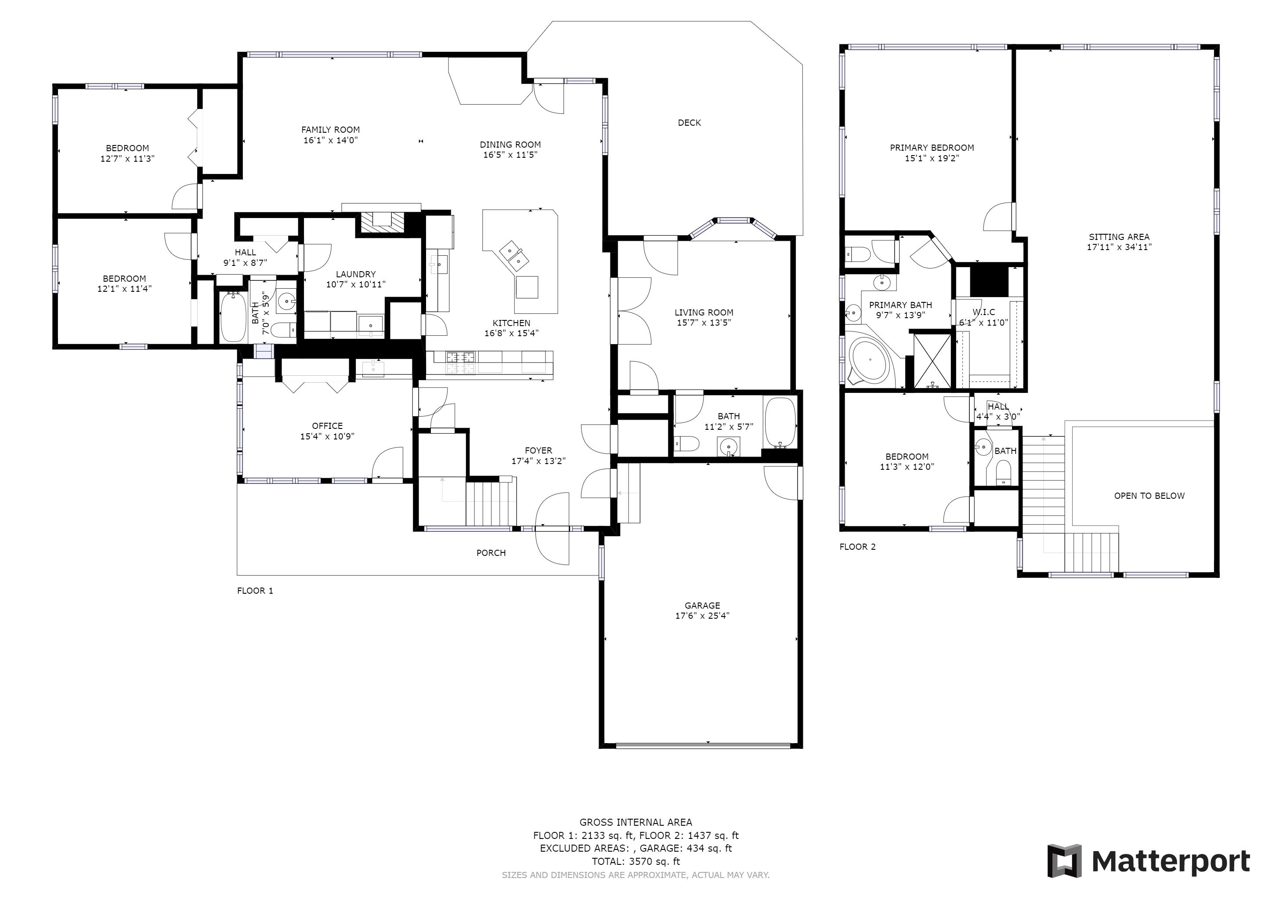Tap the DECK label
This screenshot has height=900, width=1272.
(x=689, y=123)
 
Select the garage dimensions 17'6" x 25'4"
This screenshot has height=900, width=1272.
(x=702, y=616)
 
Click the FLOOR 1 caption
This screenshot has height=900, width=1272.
(x=255, y=591)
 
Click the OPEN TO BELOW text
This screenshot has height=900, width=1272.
(x=1149, y=496)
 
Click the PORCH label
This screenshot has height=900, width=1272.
(x=491, y=552)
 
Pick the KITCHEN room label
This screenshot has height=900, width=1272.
(x=511, y=323)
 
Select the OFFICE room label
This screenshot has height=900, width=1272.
(x=327, y=426)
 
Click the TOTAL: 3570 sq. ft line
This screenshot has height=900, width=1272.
(x=636, y=862)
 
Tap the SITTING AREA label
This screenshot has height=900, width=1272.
(x=1119, y=236)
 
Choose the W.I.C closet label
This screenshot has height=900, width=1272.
(x=983, y=312)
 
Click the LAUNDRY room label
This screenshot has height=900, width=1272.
(x=356, y=274)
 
